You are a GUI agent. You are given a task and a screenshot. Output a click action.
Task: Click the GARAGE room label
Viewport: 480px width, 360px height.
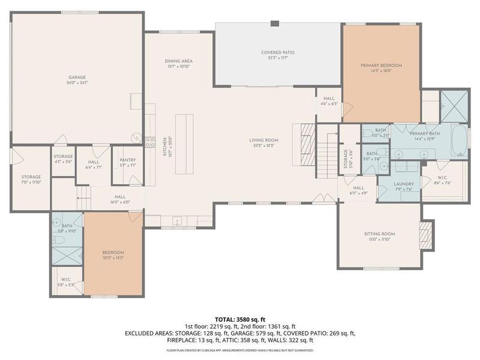point(77,77)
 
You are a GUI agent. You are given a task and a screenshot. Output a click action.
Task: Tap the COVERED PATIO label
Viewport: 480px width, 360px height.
point(277,52)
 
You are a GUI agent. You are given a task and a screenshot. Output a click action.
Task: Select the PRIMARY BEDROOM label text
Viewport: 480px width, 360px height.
point(381,65)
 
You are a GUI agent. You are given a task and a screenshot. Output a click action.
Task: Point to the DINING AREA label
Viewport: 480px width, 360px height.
point(178,61)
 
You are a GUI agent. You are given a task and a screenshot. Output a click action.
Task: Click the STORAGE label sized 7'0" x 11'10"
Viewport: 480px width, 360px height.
point(31,176)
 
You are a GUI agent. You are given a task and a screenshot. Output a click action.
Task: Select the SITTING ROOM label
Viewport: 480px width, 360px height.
point(379,233)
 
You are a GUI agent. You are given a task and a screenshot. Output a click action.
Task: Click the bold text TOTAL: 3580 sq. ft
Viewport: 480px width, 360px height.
point(240,319)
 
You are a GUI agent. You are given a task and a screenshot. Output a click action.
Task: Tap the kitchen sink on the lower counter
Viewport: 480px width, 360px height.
point(178,221)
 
